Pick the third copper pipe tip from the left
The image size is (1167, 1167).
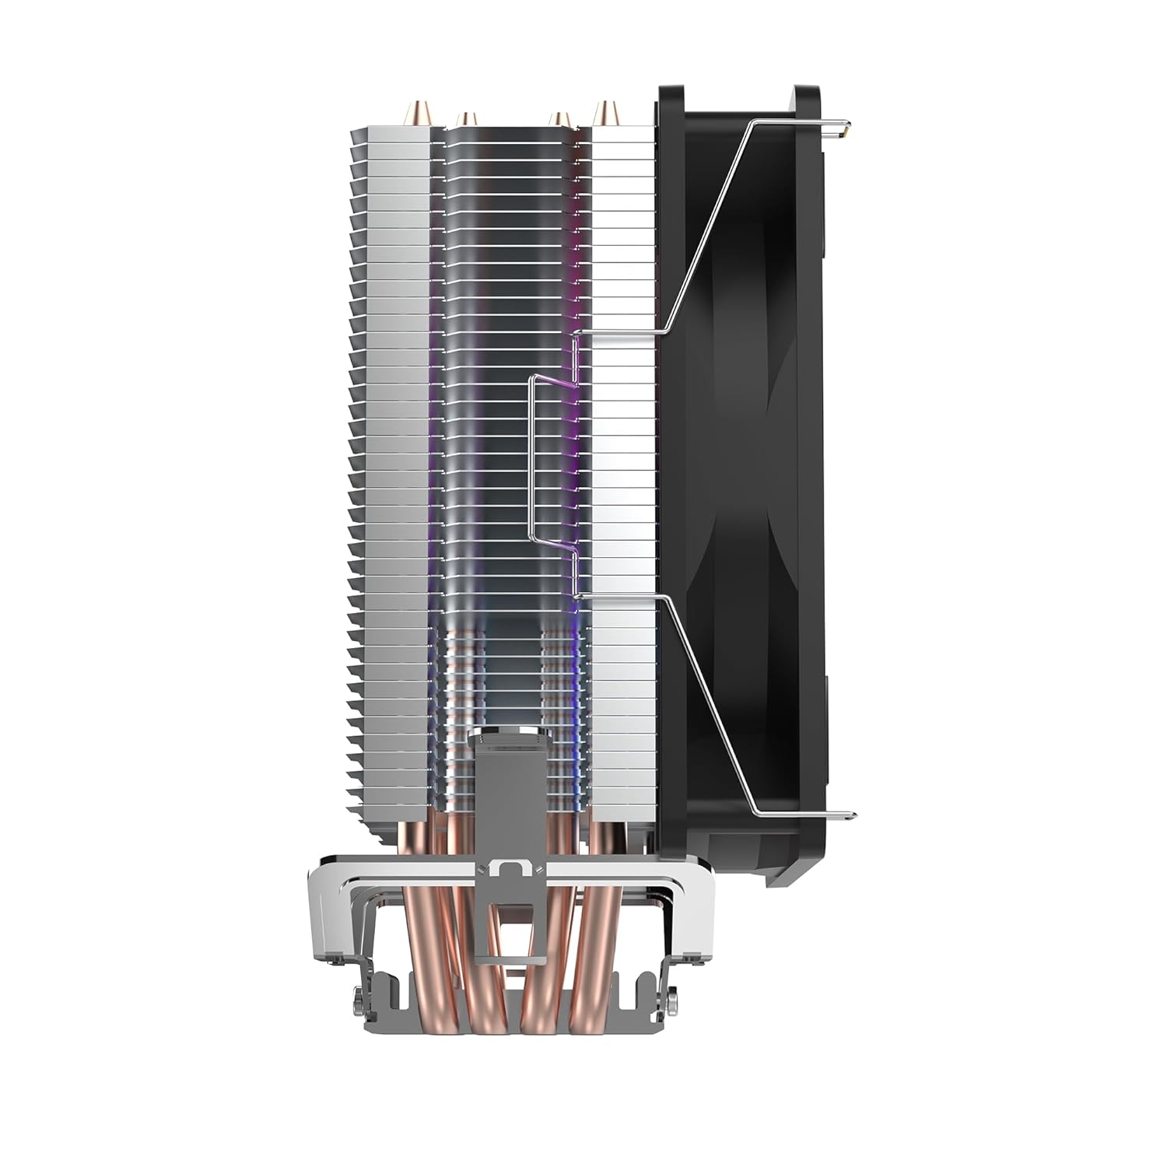(x=556, y=119)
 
